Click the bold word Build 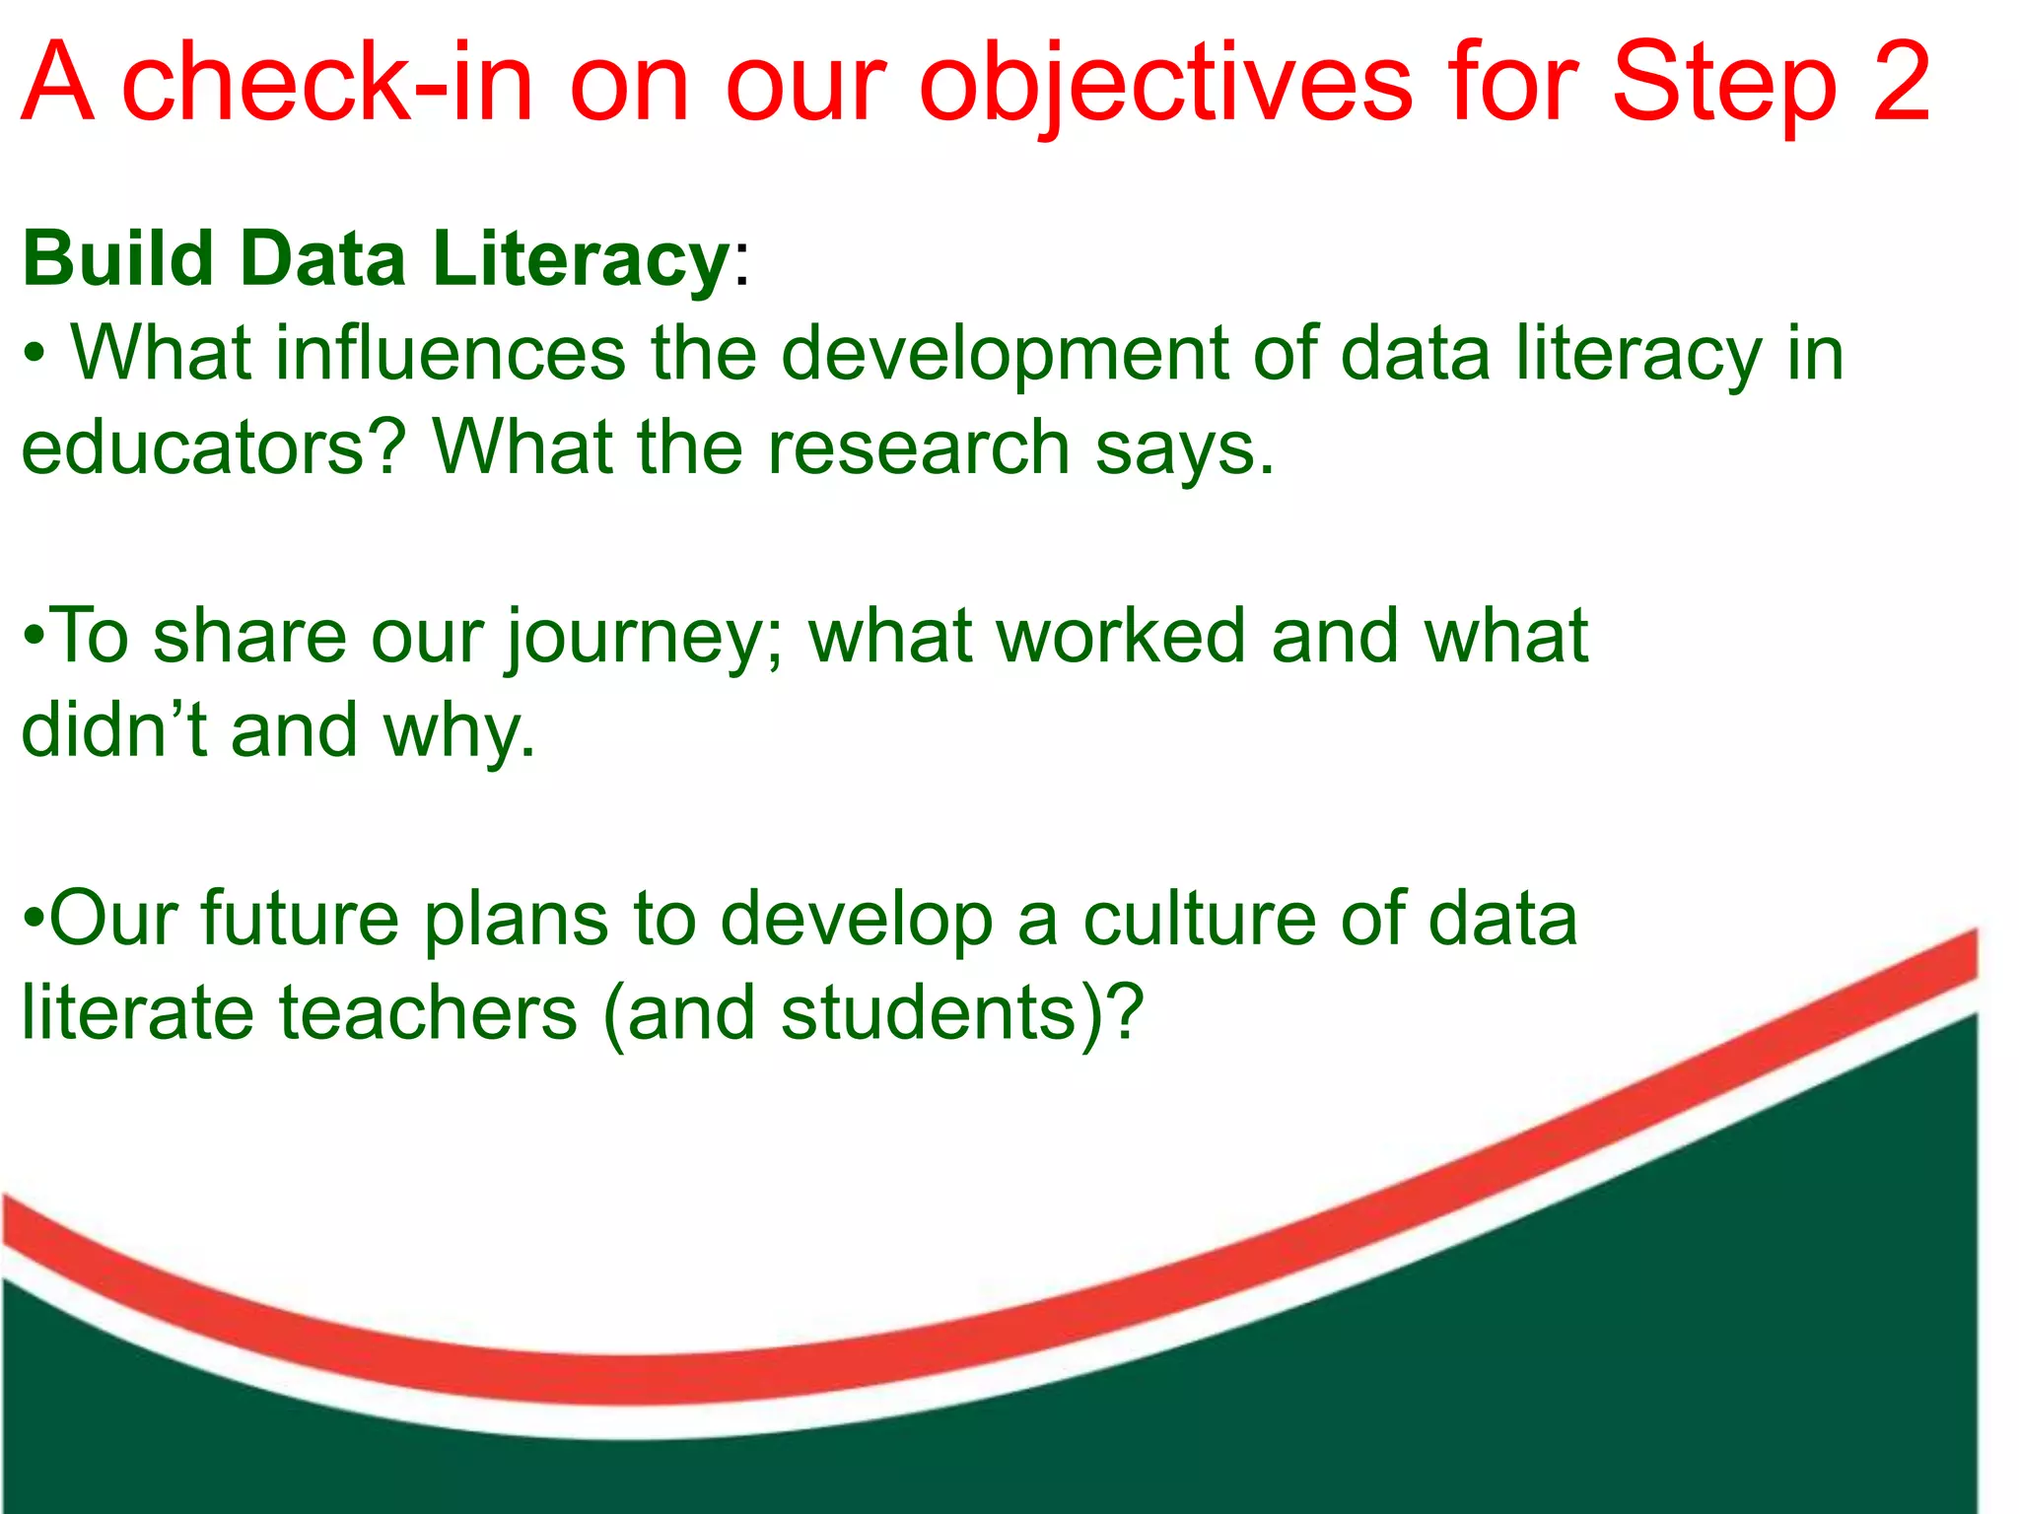click(118, 258)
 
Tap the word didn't click(114, 729)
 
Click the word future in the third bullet click(300, 919)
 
